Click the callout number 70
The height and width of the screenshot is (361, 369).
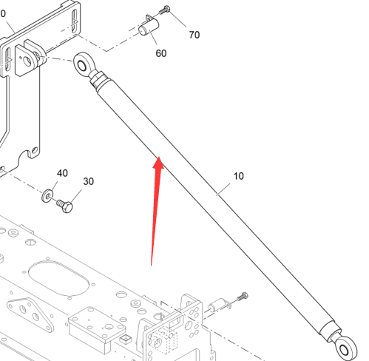pyautogui.click(x=194, y=35)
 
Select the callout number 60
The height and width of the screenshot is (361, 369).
pyautogui.click(x=161, y=53)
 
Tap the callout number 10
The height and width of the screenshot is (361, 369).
pyautogui.click(x=238, y=176)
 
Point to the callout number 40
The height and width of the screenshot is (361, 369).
pyautogui.click(x=62, y=173)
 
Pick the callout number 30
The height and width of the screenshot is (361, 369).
pyautogui.click(x=88, y=181)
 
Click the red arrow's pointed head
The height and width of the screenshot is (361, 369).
pyautogui.click(x=159, y=157)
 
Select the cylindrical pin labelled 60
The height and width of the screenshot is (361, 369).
pyautogui.click(x=149, y=28)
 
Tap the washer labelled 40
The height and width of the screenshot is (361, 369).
pyautogui.click(x=47, y=196)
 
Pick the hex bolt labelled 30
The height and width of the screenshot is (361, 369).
pyautogui.click(x=65, y=206)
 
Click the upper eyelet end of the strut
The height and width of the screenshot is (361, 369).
pyautogui.click(x=84, y=64)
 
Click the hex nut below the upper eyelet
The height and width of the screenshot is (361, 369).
pyautogui.click(x=98, y=78)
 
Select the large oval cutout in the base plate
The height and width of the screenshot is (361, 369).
pyautogui.click(x=58, y=278)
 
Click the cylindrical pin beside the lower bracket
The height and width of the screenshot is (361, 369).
pyautogui.click(x=217, y=305)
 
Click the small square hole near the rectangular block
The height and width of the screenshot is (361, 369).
pyautogui.click(x=126, y=339)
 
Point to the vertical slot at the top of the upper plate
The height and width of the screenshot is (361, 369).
pyautogui.click(x=75, y=21)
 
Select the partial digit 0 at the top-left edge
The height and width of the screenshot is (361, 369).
pyautogui.click(x=3, y=13)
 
